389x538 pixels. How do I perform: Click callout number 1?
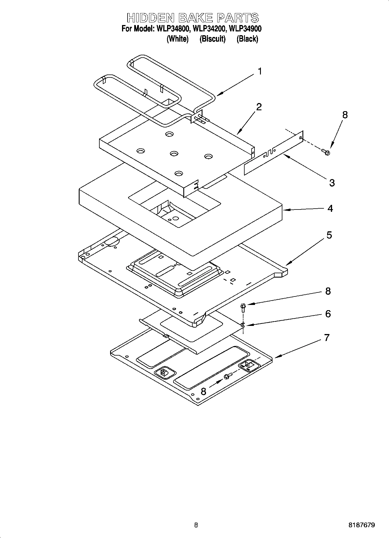[260, 71]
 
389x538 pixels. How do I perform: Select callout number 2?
[259, 107]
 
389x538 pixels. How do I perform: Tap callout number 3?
[332, 183]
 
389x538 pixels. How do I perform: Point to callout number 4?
[330, 208]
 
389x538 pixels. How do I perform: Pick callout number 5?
[329, 235]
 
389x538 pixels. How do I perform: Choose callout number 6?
[328, 314]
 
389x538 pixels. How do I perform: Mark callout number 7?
[327, 338]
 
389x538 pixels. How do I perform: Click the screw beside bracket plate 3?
[326, 152]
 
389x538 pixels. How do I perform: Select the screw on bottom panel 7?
[227, 377]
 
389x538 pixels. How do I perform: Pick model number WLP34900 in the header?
[245, 29]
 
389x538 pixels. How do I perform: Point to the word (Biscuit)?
[212, 39]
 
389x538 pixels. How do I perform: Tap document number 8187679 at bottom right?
[362, 525]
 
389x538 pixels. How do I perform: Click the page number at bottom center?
[196, 525]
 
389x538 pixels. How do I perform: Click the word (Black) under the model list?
[247, 39]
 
